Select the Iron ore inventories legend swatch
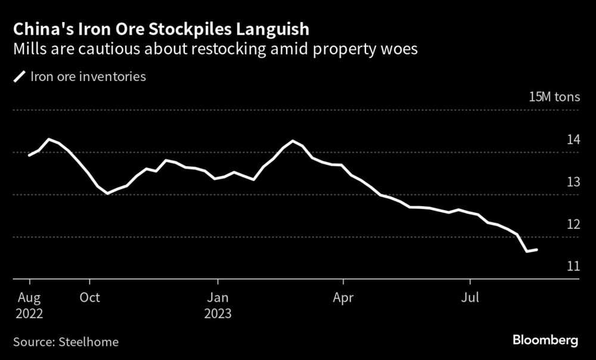20,77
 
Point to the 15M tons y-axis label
554,98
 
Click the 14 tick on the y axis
573,140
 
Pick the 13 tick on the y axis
573,182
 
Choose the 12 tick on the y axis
573,224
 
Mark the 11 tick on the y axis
573,266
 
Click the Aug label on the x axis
29,297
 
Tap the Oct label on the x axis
89,297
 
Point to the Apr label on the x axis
343,297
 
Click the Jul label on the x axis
470,297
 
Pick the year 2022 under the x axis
30,312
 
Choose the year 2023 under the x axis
218,312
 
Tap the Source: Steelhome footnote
66,342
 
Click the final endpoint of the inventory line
537,250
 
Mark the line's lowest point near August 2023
527,252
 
